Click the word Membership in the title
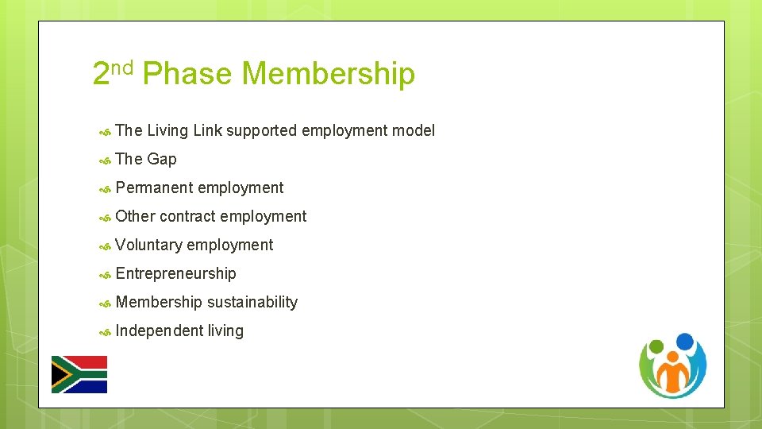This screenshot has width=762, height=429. click(328, 74)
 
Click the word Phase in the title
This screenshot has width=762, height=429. click(187, 74)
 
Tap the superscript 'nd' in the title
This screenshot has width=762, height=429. click(121, 68)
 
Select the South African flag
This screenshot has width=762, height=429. click(79, 374)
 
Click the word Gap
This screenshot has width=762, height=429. click(162, 159)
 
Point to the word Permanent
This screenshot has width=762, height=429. click(154, 187)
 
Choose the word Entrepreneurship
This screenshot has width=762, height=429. click(175, 273)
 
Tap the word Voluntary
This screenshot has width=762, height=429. click(148, 245)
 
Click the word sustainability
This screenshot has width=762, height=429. click(252, 302)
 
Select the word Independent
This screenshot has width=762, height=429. click(159, 330)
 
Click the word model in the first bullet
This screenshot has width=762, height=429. click(413, 130)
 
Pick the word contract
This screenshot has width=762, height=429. click(187, 216)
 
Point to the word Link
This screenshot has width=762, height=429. click(207, 130)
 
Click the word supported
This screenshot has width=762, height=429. click(261, 130)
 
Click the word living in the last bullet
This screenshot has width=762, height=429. click(225, 330)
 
